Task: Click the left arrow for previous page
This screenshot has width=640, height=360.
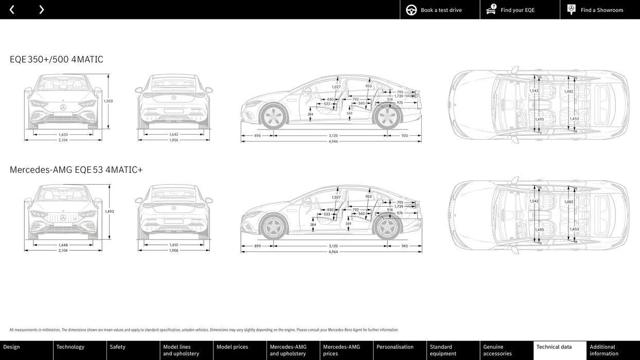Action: point(12,10)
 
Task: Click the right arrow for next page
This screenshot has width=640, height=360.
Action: point(41,10)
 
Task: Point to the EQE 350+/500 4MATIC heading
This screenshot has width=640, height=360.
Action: point(57,60)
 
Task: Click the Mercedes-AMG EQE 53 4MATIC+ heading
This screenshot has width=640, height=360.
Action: point(76,170)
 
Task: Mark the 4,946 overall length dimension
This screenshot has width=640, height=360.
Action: point(333,141)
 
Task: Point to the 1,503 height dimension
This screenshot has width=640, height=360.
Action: point(108,101)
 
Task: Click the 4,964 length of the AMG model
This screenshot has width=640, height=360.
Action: point(333,252)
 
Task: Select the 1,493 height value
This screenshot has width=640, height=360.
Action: point(109,212)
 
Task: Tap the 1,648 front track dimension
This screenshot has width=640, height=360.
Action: point(63,245)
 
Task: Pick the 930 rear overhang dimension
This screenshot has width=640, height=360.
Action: point(405,136)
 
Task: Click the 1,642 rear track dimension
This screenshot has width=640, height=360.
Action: point(174,135)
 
